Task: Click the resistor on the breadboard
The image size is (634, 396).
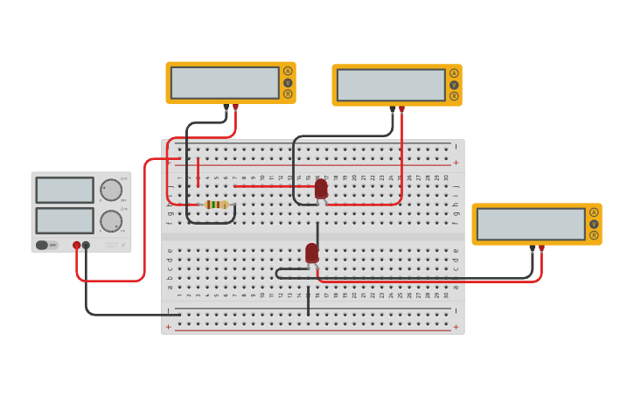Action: coord(216,205)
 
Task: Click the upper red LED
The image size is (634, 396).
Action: coord(321,188)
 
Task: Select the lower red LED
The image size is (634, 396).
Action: coord(312,253)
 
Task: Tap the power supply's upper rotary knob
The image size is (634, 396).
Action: coord(111,190)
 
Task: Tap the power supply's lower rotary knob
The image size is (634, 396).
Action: coord(111,221)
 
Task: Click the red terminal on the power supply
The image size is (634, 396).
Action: coord(77,246)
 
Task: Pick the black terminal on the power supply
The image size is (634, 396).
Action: coord(86,246)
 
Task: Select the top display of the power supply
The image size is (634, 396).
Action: coord(65,190)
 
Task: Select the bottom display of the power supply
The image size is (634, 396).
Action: coord(65,220)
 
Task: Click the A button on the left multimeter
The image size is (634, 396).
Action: coord(288,71)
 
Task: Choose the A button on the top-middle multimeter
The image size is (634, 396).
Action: coord(454,73)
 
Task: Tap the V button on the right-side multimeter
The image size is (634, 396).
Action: coord(594,224)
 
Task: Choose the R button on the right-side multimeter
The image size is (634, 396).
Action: coord(594,235)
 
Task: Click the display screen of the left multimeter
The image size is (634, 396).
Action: coord(225,83)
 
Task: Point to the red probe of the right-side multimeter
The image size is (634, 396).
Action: coord(541,248)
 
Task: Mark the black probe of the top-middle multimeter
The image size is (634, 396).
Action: coord(393,109)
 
